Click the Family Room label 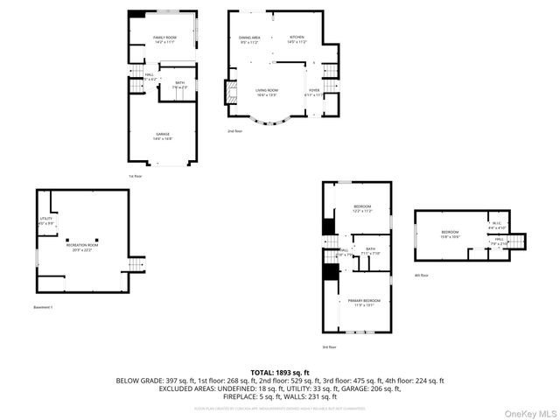pyautogui.click(x=165, y=38)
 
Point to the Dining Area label pyautogui.click(x=250, y=38)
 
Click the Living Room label pyautogui.click(x=267, y=91)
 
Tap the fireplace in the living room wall pyautogui.click(x=232, y=93)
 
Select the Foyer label pyautogui.click(x=313, y=91)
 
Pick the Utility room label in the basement pyautogui.click(x=46, y=220)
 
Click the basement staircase pyautogui.click(x=135, y=265)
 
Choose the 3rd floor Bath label pyautogui.click(x=371, y=249)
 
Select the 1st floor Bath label pyautogui.click(x=179, y=84)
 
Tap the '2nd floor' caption pyautogui.click(x=234, y=130)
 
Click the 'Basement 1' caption pyautogui.click(x=44, y=307)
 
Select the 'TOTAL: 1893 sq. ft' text pyautogui.click(x=280, y=372)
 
